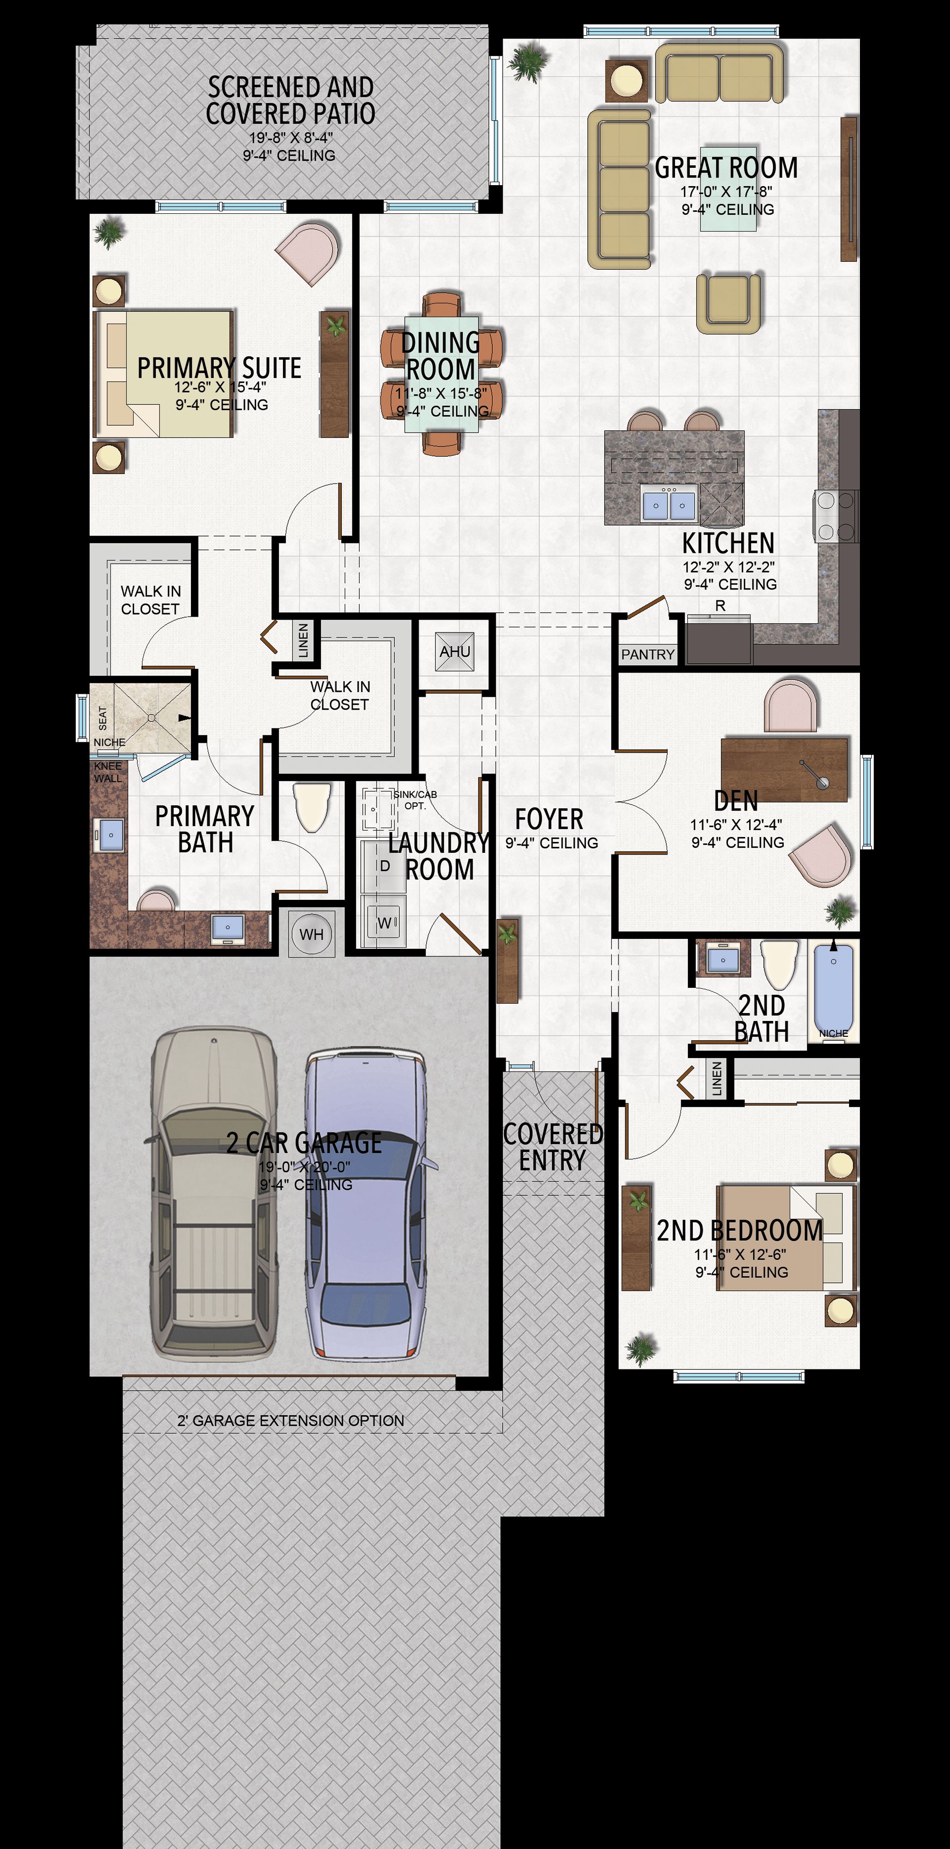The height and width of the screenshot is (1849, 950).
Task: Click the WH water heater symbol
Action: pyautogui.click(x=311, y=933)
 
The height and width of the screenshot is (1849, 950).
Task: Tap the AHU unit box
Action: pyautogui.click(x=455, y=651)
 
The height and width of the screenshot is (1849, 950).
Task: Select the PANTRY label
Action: pyautogui.click(x=648, y=654)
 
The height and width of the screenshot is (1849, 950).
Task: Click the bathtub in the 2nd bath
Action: pyautogui.click(x=833, y=989)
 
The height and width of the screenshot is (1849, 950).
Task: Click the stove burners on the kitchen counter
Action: pyautogui.click(x=836, y=515)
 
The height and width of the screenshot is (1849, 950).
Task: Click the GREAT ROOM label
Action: pyautogui.click(x=726, y=168)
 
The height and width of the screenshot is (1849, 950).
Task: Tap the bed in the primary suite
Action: pyautogui.click(x=164, y=373)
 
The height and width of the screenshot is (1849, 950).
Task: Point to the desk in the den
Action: pyautogui.click(x=784, y=769)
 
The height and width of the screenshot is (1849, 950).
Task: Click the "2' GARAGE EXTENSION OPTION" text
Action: pyautogui.click(x=290, y=1420)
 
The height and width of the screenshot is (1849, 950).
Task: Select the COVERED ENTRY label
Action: pyautogui.click(x=553, y=1147)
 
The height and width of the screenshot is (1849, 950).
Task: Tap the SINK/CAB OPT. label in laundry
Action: pyautogui.click(x=415, y=800)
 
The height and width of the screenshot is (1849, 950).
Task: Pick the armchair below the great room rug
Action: pyautogui.click(x=727, y=303)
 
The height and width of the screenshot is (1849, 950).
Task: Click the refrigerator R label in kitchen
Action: pyautogui.click(x=720, y=606)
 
